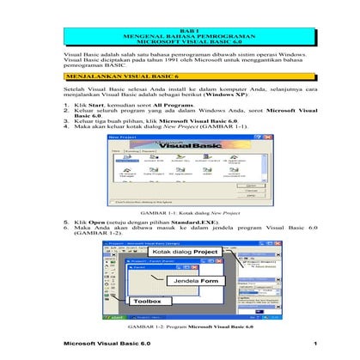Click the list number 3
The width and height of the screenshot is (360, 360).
coord(68,122)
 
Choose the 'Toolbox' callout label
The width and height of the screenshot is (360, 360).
coord(148,302)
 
